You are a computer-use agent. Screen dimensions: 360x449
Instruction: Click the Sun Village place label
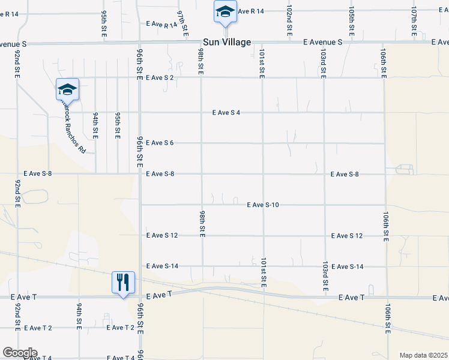pyautogui.click(x=225, y=42)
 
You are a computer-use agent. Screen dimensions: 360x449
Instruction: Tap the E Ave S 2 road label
pyautogui.click(x=160, y=78)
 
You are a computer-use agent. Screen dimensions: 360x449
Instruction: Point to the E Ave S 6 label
pyautogui.click(x=160, y=143)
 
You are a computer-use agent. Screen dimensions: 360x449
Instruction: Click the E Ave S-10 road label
pyautogui.click(x=263, y=205)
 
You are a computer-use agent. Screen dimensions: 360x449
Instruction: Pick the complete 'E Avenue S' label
pyautogui.click(x=322, y=43)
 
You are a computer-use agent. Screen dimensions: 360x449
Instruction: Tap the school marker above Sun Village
pyautogui.click(x=225, y=12)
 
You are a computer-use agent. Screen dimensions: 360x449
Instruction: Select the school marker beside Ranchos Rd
pyautogui.click(x=67, y=90)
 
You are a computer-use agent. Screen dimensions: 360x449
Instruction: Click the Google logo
pyautogui.click(x=19, y=353)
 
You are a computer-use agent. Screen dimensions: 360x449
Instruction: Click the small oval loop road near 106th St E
pyautogui.click(x=405, y=170)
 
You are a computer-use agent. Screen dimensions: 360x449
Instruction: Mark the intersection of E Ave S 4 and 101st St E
pyautogui.click(x=262, y=112)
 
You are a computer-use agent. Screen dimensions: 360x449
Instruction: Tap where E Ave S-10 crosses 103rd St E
pyautogui.click(x=325, y=205)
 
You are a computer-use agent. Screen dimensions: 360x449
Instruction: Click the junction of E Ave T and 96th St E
pyautogui.click(x=140, y=296)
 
